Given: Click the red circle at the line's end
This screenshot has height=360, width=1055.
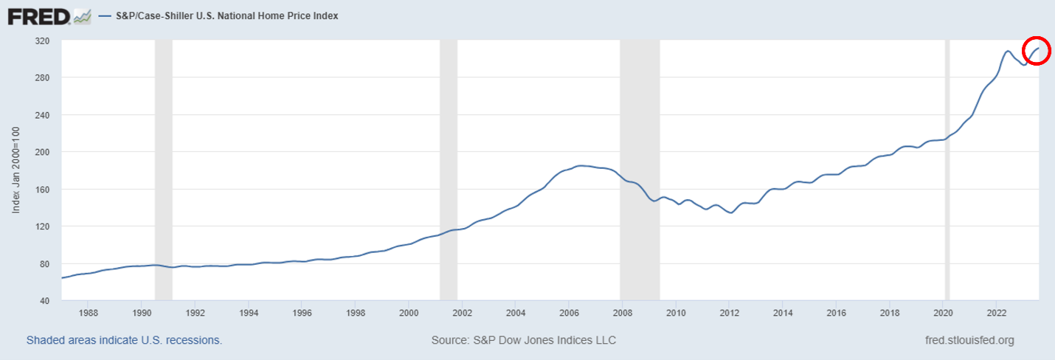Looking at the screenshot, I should [x=1036, y=50].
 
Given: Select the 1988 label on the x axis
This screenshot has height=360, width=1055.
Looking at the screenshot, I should [x=88, y=312].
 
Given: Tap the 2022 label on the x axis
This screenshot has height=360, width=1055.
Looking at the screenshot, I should [x=997, y=312].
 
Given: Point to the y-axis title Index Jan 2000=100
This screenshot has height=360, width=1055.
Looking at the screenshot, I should [x=15, y=170].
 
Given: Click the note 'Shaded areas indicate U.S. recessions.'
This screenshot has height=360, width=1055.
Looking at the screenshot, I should [x=124, y=340].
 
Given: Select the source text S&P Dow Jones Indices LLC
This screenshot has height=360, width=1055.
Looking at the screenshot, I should [x=523, y=340].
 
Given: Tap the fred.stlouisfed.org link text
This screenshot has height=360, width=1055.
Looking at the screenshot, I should [x=969, y=340].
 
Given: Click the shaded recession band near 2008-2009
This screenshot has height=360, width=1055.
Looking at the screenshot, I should [x=640, y=170].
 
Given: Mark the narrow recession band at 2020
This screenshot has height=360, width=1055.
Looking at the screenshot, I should [x=947, y=170].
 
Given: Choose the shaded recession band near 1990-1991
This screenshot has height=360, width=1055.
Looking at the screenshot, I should [x=163, y=170].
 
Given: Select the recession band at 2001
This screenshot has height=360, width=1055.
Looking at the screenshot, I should [x=449, y=170].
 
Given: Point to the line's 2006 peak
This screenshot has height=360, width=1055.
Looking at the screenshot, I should [x=581, y=166].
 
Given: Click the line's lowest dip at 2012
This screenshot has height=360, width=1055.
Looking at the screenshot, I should [x=730, y=212].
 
